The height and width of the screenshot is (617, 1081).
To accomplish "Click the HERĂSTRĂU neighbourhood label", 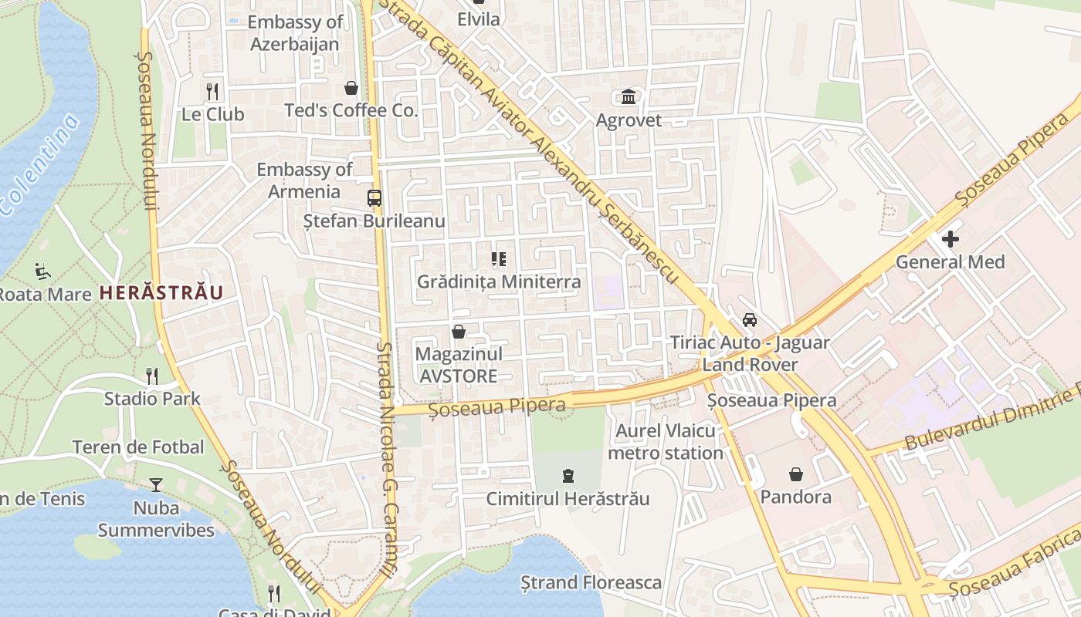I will click(161, 293).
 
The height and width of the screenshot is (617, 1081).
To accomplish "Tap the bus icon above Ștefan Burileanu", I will click(374, 197).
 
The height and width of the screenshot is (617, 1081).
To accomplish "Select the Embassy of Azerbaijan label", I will click(295, 33).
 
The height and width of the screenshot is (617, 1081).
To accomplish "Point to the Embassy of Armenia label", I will click(304, 180).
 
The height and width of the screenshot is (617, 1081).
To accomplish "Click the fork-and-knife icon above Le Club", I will click(212, 92).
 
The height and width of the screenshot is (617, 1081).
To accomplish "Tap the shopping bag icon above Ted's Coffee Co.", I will click(351, 88).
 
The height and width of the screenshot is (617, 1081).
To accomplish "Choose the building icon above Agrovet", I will click(629, 97).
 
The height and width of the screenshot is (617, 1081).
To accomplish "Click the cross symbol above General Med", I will click(951, 239).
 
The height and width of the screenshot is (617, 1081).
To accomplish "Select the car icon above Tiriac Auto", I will click(749, 319).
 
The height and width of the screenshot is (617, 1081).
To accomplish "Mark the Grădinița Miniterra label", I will click(499, 282).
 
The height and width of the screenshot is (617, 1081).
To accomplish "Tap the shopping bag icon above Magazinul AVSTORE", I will click(459, 332).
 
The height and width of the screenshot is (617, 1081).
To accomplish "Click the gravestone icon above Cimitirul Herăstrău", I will click(568, 476).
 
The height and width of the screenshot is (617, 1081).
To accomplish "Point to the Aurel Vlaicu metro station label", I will click(666, 442).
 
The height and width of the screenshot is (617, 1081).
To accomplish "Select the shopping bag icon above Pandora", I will click(796, 474).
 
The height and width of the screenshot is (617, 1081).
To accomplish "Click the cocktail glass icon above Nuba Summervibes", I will click(156, 484).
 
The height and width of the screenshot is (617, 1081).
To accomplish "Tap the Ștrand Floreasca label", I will click(591, 582).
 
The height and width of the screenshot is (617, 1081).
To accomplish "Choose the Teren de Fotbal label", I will click(138, 447).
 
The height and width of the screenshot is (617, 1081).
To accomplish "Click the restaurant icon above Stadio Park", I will click(152, 376).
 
